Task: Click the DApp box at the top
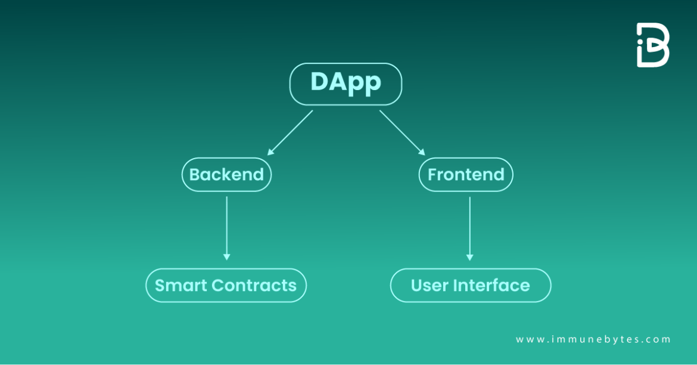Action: (346, 84)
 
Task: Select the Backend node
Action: (226, 174)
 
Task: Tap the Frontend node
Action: (466, 174)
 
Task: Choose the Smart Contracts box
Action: (226, 285)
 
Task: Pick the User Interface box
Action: (470, 285)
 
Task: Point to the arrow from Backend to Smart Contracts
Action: (226, 227)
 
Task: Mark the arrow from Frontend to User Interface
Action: (469, 227)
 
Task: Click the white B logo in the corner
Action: (652, 45)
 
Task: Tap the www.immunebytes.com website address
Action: (593, 339)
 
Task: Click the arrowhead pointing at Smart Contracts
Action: (226, 256)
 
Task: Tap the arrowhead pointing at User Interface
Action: (469, 256)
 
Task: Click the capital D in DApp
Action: (319, 82)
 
